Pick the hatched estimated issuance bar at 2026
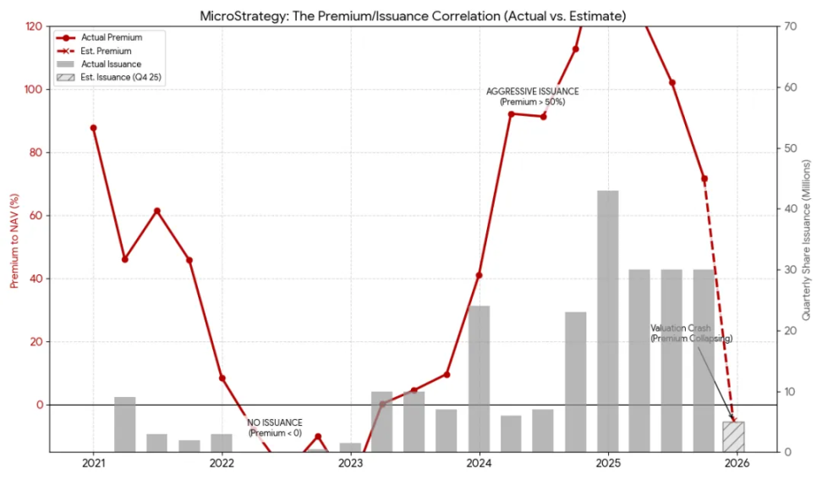point(733,436)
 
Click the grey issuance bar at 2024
point(479,378)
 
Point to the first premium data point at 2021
point(93,128)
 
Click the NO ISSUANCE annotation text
point(274,428)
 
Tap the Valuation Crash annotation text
point(691,333)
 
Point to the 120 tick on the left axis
point(33,26)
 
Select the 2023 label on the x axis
point(350,464)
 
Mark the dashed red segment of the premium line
point(719,301)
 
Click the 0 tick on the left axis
point(38,405)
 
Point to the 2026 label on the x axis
point(736,464)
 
